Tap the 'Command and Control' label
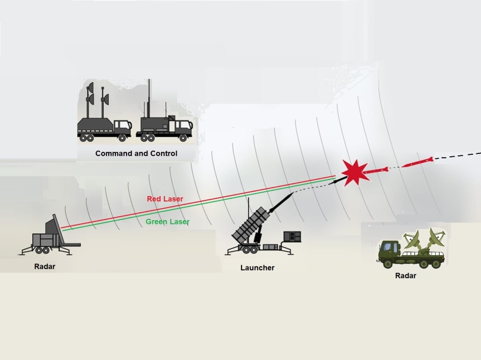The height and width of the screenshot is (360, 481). [x=136, y=154]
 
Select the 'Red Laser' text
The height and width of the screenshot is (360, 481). [x=165, y=199]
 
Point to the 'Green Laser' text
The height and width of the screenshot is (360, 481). [x=167, y=222]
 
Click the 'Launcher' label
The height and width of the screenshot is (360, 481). [x=257, y=268]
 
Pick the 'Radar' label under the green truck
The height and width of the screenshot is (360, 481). [x=405, y=276]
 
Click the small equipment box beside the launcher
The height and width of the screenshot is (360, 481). [x=292, y=236]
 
